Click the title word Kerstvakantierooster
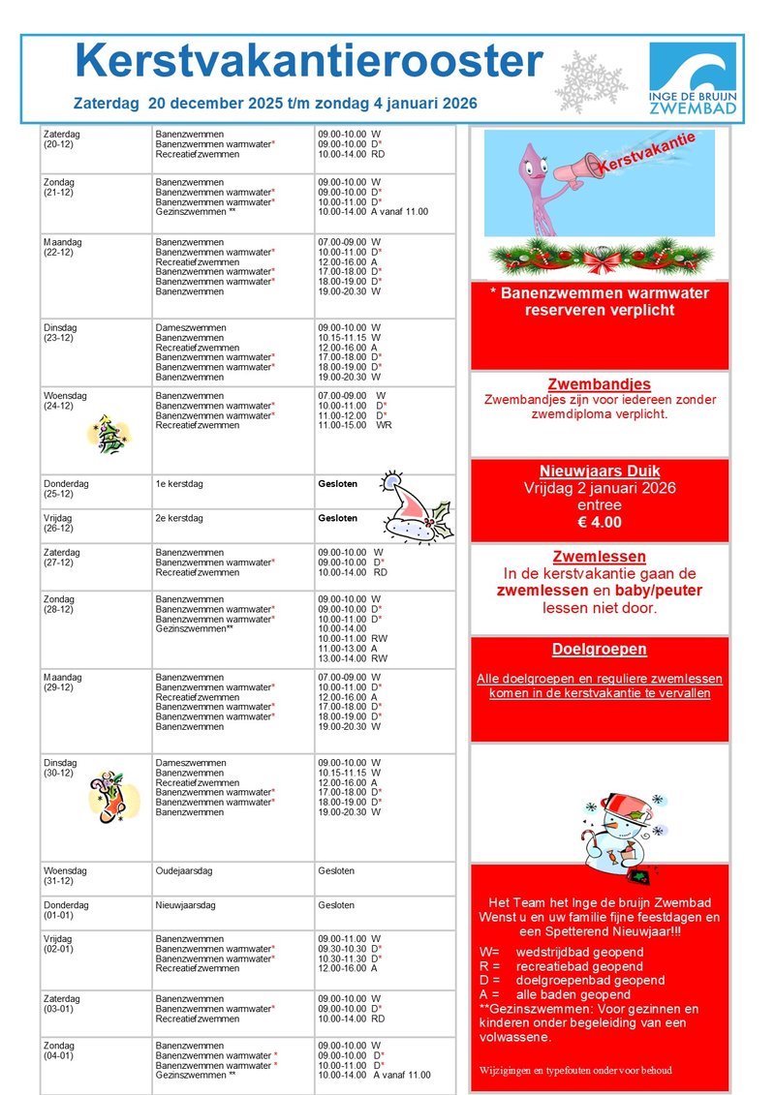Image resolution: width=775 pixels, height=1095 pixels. [308, 63]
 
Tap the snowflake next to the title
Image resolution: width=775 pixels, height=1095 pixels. [590, 80]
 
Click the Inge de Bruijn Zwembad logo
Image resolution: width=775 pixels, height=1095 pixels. [692, 79]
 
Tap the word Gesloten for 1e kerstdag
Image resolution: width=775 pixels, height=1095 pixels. [337, 482]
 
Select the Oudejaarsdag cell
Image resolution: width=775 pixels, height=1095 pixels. [184, 870]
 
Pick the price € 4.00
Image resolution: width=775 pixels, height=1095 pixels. [599, 523]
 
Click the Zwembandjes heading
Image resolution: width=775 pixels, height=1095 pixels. [599, 384]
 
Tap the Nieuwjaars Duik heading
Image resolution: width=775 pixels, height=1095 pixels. [599, 471]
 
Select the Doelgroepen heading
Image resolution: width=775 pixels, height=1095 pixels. [599, 650]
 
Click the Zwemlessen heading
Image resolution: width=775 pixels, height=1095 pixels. [599, 558]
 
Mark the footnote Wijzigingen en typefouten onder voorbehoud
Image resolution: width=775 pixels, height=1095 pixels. [574, 1071]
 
